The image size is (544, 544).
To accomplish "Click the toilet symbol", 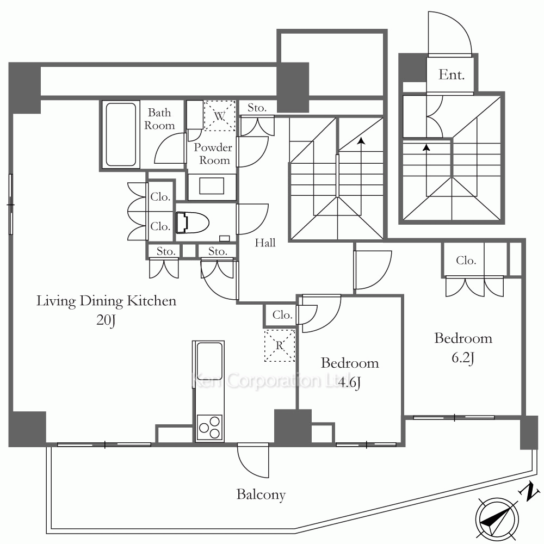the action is pos(192,222).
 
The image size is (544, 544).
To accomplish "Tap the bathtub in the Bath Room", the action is pos(121,134).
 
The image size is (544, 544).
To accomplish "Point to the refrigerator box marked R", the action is pos(279,345).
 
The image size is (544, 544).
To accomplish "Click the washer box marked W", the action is pos(219,115).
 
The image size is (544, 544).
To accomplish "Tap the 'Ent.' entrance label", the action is pos(452,75).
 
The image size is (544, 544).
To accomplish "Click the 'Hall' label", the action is pos(265,243).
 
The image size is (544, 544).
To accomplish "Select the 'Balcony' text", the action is pos(261,494).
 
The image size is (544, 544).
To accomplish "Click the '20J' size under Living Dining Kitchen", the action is pos(106,320).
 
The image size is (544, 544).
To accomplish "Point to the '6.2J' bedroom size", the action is pos(463,357).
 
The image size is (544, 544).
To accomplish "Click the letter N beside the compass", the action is pos(529,492).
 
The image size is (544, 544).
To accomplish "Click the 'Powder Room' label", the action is pos(213,154).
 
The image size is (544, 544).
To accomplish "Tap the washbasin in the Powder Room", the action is pos(212,186).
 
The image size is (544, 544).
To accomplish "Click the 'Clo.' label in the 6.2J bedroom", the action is pos(466,260).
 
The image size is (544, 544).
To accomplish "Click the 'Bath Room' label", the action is pos(159,119).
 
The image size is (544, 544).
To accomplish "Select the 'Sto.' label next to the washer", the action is pos(257,108).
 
